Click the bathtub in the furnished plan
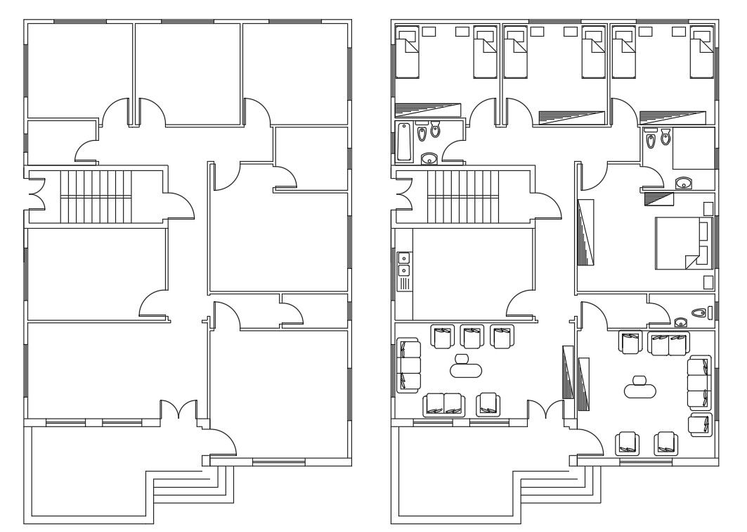click(x=404, y=141)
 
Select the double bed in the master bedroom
click(x=682, y=243)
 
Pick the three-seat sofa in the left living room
click(x=408, y=365)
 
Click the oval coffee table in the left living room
click(x=464, y=368)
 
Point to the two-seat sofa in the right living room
click(x=668, y=344)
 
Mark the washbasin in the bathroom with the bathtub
click(x=429, y=159)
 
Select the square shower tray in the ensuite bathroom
click(x=693, y=148)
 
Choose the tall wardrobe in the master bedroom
click(x=585, y=232)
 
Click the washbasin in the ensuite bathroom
click(x=683, y=184)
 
